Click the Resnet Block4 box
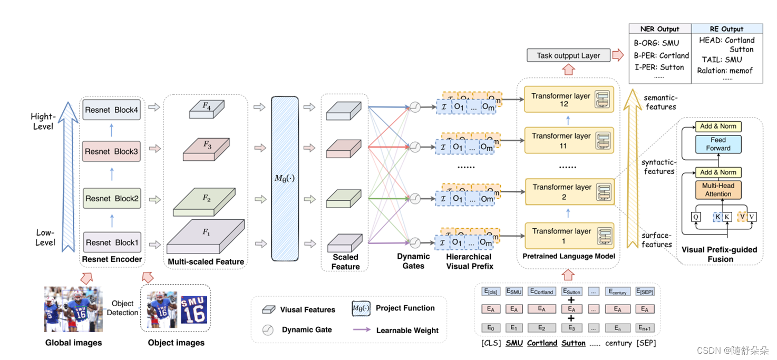pyautogui.click(x=111, y=110)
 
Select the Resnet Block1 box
pyautogui.click(x=111, y=242)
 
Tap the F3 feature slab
pyautogui.click(x=207, y=149)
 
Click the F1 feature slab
pyautogui.click(x=206, y=238)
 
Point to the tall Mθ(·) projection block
pyautogui.click(x=285, y=178)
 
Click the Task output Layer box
pyautogui.click(x=568, y=55)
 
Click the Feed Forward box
pyautogui.click(x=718, y=144)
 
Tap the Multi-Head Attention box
pyautogui.click(x=718, y=190)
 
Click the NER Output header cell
pyautogui.click(x=659, y=29)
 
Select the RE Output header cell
pyautogui.click(x=725, y=29)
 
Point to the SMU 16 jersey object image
pyautogui.click(x=193, y=309)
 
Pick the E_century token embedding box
pyautogui.click(x=619, y=291)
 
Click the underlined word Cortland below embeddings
pyautogui.click(x=542, y=343)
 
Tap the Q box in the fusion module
pyautogui.click(x=696, y=217)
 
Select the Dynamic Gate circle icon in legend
pyautogui.click(x=268, y=330)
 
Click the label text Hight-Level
pyautogui.click(x=43, y=121)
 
